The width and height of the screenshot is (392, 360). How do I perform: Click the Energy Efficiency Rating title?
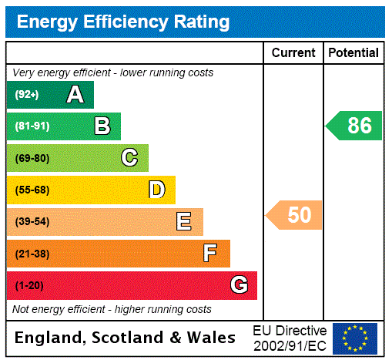pyautogui.click(x=123, y=22)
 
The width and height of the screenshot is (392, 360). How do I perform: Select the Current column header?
pyautogui.click(x=293, y=53)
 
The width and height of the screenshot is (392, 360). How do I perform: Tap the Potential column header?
pyautogui.click(x=353, y=53)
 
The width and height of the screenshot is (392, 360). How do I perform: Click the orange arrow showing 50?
pyautogui.click(x=295, y=215)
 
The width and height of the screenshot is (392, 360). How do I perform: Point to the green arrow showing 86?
pyautogui.click(x=355, y=126)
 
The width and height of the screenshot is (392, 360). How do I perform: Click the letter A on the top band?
pyautogui.click(x=75, y=95)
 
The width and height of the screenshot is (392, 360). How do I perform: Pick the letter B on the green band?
pyautogui.click(x=102, y=126)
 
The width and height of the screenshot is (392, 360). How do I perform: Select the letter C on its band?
pyautogui.click(x=129, y=158)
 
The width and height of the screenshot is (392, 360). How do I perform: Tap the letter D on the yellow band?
pyautogui.click(x=156, y=190)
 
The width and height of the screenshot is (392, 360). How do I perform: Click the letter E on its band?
pyautogui.click(x=184, y=222)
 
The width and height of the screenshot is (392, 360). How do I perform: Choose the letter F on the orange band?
pyautogui.click(x=210, y=254)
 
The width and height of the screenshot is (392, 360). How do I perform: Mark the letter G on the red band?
pyautogui.click(x=239, y=285)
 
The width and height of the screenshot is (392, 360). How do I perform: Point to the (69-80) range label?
pyautogui.click(x=32, y=159)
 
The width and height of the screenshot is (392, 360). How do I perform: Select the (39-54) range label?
pyautogui.click(x=32, y=222)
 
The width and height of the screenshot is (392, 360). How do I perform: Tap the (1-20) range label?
pyautogui.click(x=29, y=286)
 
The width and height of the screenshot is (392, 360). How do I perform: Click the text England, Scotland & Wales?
pyautogui.click(x=126, y=338)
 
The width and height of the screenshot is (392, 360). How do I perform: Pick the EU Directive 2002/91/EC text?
pyautogui.click(x=290, y=338)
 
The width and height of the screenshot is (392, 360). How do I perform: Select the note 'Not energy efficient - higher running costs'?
pyautogui.click(x=112, y=309)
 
